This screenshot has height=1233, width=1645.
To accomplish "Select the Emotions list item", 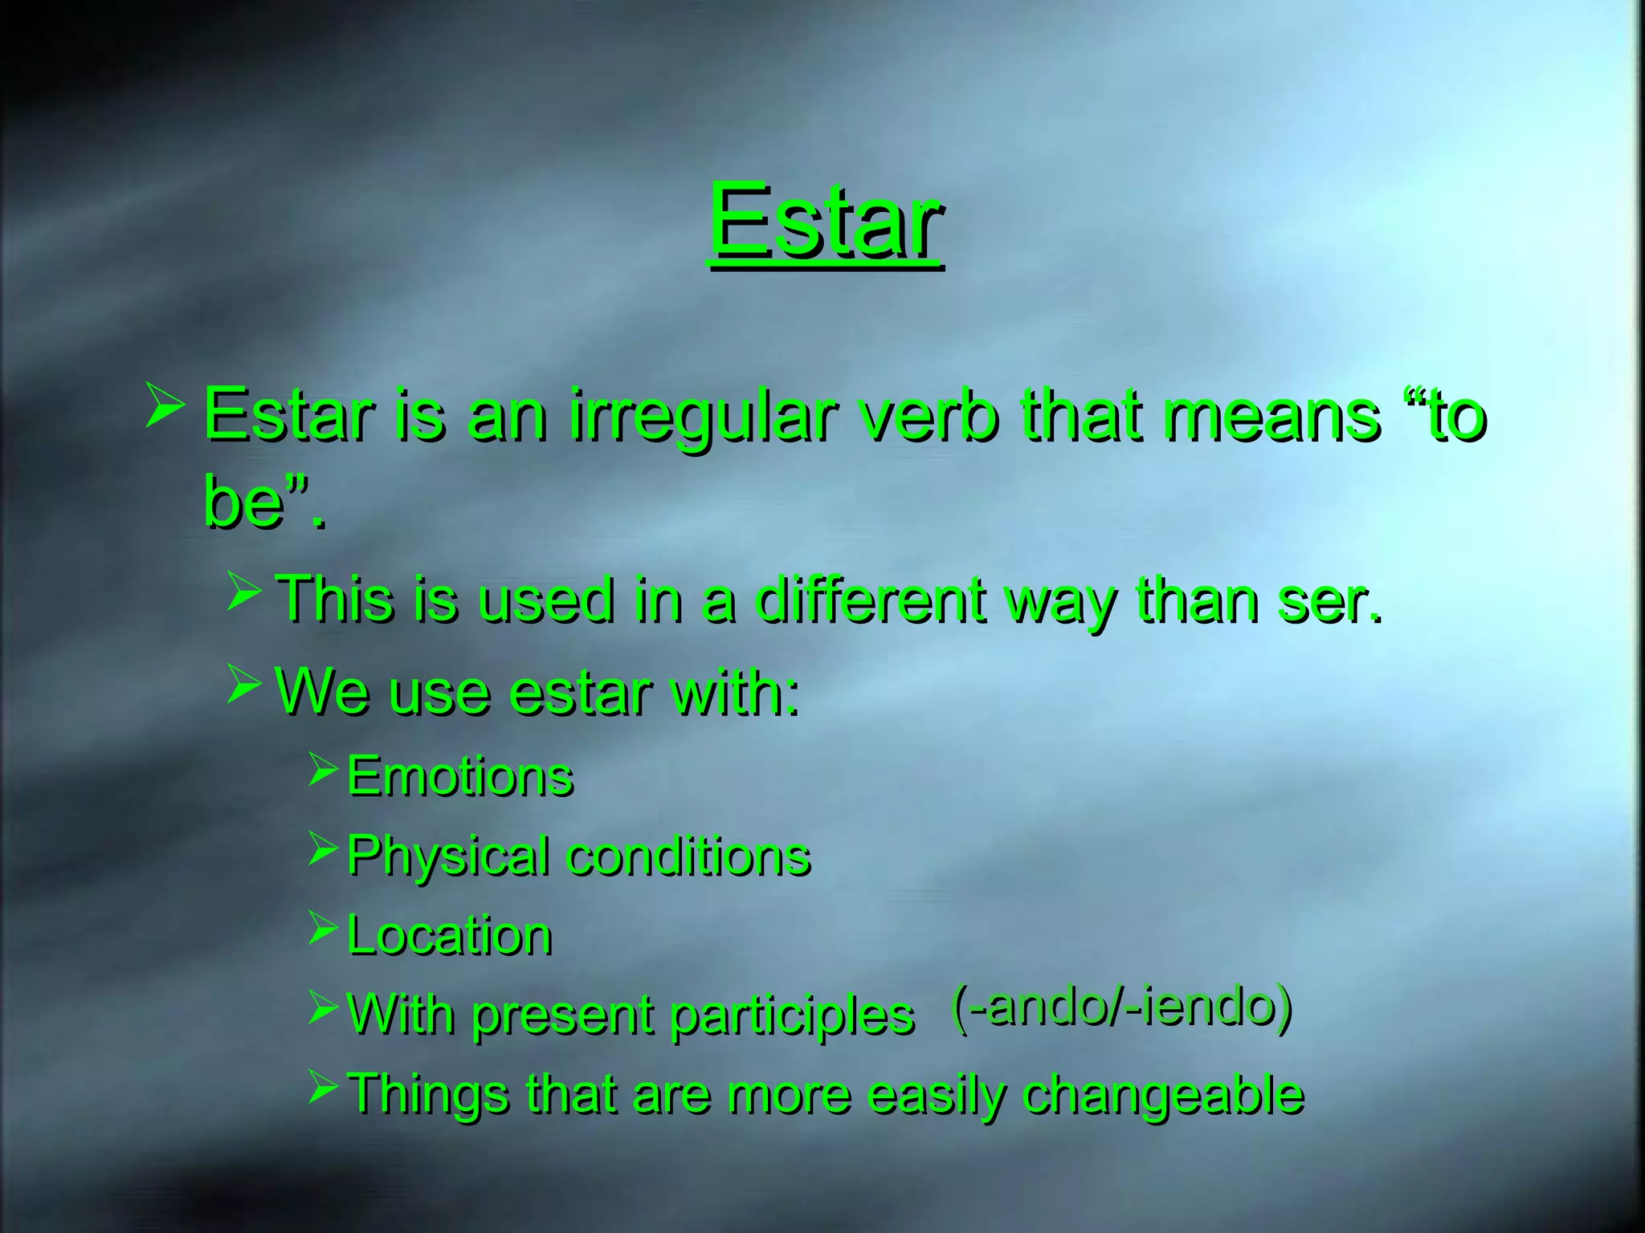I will coord(459,776).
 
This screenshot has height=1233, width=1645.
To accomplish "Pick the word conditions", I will coord(688,856).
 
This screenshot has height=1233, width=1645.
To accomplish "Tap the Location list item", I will coord(449,935).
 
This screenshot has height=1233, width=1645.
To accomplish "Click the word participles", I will coord(791,1016).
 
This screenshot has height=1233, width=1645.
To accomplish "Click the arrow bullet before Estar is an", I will coord(165,405).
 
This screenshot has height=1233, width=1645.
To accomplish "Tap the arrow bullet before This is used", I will coord(243,592).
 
